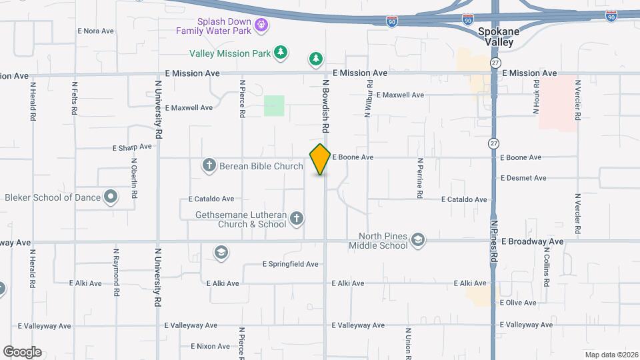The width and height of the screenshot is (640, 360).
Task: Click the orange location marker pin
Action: click(321, 159)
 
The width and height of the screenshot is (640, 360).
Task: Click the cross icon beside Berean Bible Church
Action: click(209, 165)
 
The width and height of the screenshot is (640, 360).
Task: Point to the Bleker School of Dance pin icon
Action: click(111, 197)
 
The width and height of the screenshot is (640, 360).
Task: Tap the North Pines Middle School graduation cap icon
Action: click(418, 240)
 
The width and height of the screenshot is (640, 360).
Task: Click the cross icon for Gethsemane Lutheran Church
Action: click(297, 218)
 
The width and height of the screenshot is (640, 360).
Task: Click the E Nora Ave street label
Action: click(96, 31)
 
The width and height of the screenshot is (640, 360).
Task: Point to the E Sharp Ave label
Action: click(133, 147)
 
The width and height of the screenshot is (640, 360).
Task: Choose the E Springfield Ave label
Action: click(290, 264)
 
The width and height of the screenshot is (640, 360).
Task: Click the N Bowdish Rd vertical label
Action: click(326, 105)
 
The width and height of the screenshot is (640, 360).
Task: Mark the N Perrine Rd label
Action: click(420, 178)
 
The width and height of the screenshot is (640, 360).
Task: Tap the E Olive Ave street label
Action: click(517, 303)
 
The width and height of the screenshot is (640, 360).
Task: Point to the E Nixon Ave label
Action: click(210, 346)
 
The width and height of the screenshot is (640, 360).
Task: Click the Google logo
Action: click(22, 351)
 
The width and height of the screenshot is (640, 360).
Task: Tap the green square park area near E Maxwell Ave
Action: click(274, 105)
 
